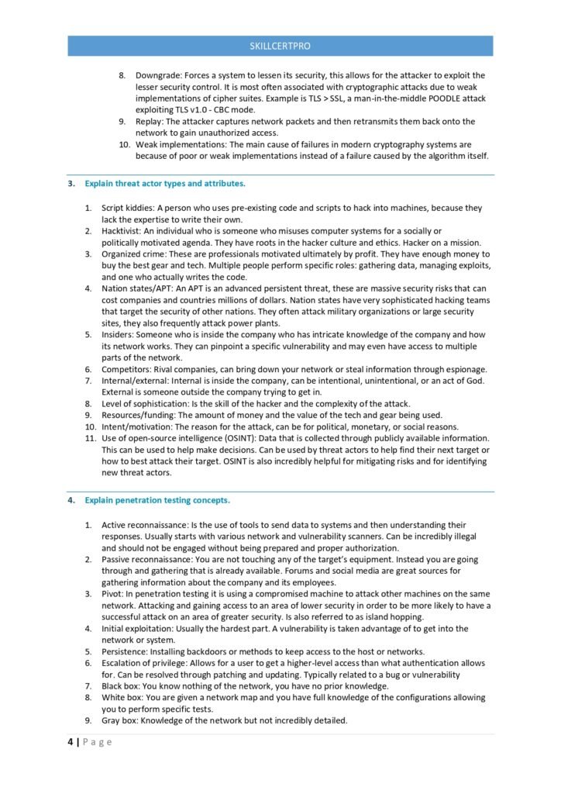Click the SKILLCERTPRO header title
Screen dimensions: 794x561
point(280,46)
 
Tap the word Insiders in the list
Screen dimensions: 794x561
point(120,334)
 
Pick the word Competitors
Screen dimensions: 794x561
point(127,369)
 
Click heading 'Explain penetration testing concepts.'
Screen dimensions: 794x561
point(157,500)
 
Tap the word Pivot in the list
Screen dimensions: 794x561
point(113,594)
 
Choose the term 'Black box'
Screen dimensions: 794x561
point(121,686)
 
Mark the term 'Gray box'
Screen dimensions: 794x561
point(120,720)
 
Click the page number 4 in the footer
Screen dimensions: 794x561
point(70,742)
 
